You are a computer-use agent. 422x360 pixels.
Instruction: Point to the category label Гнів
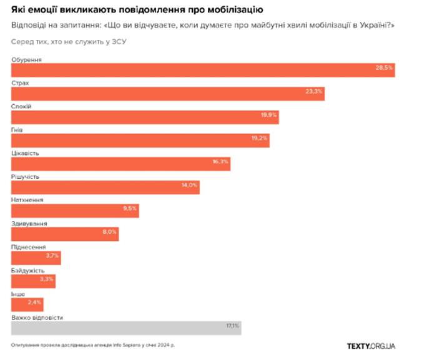[18, 130]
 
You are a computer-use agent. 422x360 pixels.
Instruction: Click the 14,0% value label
[190, 185]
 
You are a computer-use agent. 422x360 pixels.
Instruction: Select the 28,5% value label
[384, 68]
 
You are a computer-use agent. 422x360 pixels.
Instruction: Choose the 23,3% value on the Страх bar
[314, 92]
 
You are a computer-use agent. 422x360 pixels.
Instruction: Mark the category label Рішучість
[26, 177]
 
